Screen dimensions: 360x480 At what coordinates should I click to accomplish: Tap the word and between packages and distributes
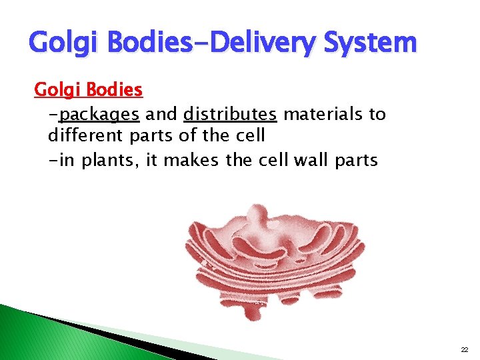click(161, 114)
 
